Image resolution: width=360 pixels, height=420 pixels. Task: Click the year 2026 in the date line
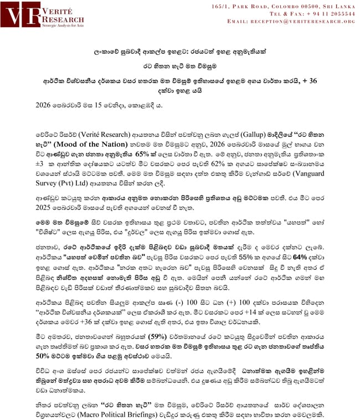pyautogui.click(x=44, y=104)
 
